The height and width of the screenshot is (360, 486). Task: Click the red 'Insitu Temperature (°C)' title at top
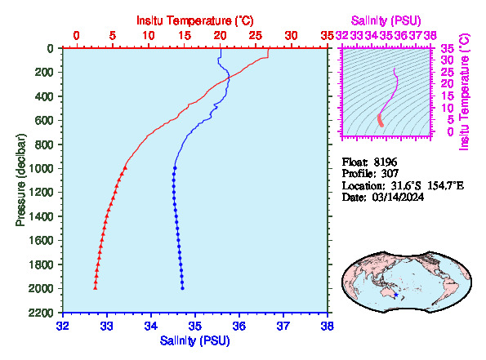click(x=195, y=20)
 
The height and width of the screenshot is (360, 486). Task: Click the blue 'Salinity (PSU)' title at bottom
click(x=195, y=340)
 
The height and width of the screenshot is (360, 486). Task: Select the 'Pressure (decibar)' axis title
click(x=20, y=180)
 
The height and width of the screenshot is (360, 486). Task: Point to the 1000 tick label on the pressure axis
click(x=41, y=168)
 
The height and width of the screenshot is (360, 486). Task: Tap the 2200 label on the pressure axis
click(x=41, y=313)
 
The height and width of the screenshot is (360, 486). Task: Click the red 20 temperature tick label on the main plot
click(x=220, y=36)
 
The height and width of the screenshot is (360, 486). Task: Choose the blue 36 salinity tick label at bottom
click(x=239, y=326)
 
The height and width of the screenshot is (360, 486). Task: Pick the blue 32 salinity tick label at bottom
click(x=63, y=326)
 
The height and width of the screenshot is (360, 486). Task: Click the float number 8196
click(x=386, y=162)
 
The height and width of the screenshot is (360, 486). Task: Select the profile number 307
click(x=390, y=174)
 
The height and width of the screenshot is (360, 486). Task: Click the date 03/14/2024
click(x=398, y=197)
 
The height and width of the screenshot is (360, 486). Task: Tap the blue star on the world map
click(x=396, y=295)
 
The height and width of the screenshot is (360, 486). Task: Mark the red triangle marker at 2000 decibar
click(x=95, y=288)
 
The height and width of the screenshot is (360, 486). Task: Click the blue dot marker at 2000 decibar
click(x=183, y=288)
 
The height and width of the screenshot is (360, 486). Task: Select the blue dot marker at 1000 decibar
click(x=175, y=168)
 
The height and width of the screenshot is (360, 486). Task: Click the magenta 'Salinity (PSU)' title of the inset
click(x=386, y=20)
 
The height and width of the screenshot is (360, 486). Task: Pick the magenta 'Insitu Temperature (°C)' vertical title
click(x=464, y=92)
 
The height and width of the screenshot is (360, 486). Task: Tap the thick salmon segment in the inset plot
click(x=381, y=120)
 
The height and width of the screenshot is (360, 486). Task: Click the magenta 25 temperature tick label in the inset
click(x=447, y=72)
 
